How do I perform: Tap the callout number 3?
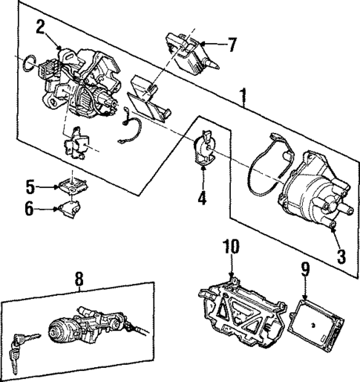(x=341, y=256)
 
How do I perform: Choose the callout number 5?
(x=30, y=185)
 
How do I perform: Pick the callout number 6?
(x=30, y=209)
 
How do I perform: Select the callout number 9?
(x=304, y=269)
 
